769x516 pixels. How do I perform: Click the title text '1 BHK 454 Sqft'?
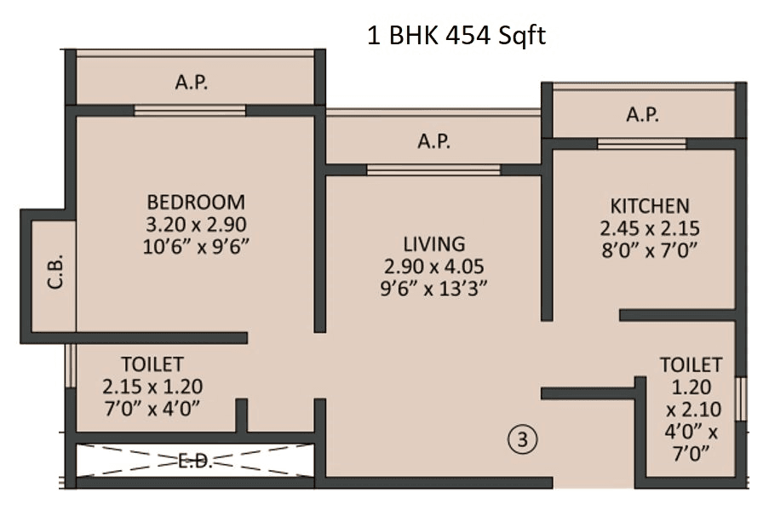[456, 37]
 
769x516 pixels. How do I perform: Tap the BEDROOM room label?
[196, 203]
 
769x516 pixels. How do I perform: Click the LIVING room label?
[434, 244]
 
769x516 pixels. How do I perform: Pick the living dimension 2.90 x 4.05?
[434, 266]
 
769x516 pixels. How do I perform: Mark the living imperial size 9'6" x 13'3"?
[434, 288]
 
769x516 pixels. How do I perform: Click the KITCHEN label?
[649, 206]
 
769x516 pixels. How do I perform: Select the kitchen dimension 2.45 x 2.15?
[649, 228]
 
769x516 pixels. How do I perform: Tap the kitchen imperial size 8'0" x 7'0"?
[649, 250]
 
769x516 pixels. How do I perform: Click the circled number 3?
[523, 439]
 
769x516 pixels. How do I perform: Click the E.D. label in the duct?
[196, 461]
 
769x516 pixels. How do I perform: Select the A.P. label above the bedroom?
[192, 83]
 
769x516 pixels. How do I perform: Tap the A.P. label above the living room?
[433, 141]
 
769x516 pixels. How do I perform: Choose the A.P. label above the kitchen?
[643, 115]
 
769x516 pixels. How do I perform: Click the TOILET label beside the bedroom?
[152, 364]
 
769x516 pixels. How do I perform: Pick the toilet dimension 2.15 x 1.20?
[152, 386]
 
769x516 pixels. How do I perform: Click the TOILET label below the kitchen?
[691, 365]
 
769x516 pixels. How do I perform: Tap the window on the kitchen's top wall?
[641, 143]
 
